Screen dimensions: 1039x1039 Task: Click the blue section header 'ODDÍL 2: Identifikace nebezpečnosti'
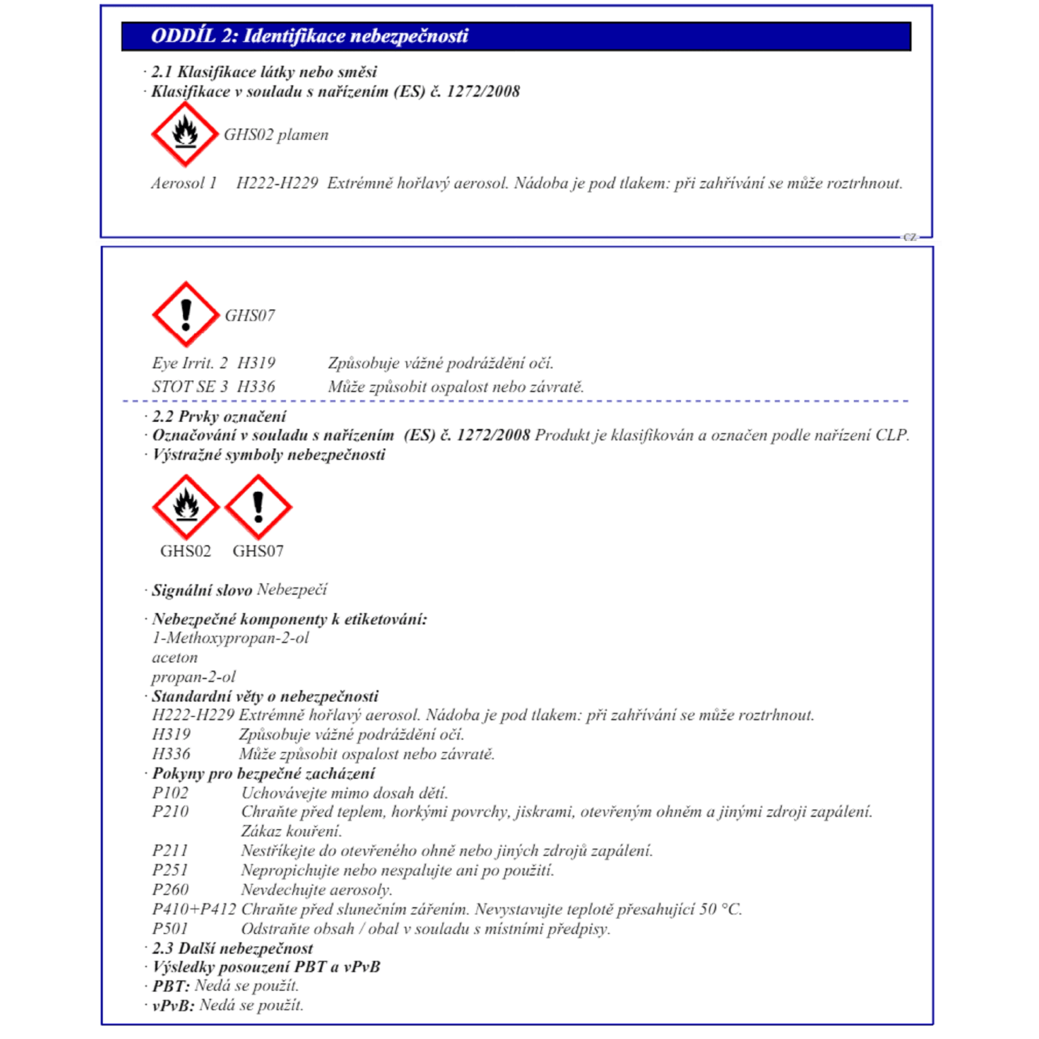[x=309, y=36]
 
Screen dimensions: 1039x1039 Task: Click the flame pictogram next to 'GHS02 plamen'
[x=185, y=134]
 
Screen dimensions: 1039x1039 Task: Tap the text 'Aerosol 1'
[x=184, y=184]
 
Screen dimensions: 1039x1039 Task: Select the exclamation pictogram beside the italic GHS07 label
[x=186, y=314]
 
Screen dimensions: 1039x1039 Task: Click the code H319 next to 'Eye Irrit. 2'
[x=256, y=363]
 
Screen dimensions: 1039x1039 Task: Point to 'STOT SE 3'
[x=190, y=387]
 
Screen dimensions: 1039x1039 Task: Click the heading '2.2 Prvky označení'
[x=219, y=416]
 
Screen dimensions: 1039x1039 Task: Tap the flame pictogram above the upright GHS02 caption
[x=186, y=506]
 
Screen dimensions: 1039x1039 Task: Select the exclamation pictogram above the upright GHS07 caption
[x=258, y=506]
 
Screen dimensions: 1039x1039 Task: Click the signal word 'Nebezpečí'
[x=292, y=589]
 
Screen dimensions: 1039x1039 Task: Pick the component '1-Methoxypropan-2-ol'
[x=230, y=638]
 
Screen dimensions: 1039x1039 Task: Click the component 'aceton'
[x=175, y=657]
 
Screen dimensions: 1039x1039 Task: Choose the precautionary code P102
[x=170, y=792]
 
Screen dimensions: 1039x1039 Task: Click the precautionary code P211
[x=170, y=851]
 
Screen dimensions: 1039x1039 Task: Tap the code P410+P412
[x=194, y=909]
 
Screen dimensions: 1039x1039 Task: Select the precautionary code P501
[x=170, y=928]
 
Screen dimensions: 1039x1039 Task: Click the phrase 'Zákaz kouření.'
[x=292, y=831]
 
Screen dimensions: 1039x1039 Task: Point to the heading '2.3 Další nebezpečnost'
[x=232, y=948]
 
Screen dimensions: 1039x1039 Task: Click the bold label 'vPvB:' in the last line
[x=173, y=1006]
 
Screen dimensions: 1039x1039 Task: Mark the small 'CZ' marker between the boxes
[x=909, y=237]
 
